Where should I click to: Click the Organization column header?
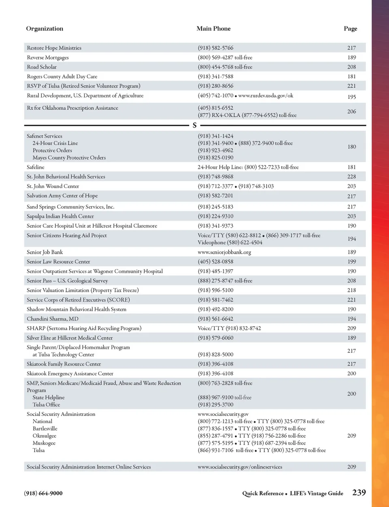(45, 29)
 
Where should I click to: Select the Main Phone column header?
(214, 29)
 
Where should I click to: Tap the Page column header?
(351, 29)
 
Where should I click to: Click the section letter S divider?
(194, 126)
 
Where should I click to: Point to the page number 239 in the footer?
(359, 493)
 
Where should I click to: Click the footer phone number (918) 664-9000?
(43, 493)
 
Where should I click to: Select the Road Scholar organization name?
(42, 67)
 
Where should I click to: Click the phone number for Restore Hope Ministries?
(216, 48)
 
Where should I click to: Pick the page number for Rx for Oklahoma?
(352, 111)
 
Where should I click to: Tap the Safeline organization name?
(36, 167)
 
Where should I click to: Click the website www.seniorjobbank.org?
(224, 252)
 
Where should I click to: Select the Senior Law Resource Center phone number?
(216, 262)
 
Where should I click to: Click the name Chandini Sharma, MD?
(53, 319)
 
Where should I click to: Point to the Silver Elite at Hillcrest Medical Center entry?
(70, 338)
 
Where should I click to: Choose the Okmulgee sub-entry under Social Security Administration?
(45, 436)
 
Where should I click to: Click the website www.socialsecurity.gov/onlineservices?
(240, 467)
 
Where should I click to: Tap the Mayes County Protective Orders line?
(69, 158)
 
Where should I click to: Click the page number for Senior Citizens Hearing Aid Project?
(352, 239)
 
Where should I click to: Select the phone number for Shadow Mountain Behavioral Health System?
(216, 309)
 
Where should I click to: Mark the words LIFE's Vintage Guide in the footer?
(316, 493)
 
